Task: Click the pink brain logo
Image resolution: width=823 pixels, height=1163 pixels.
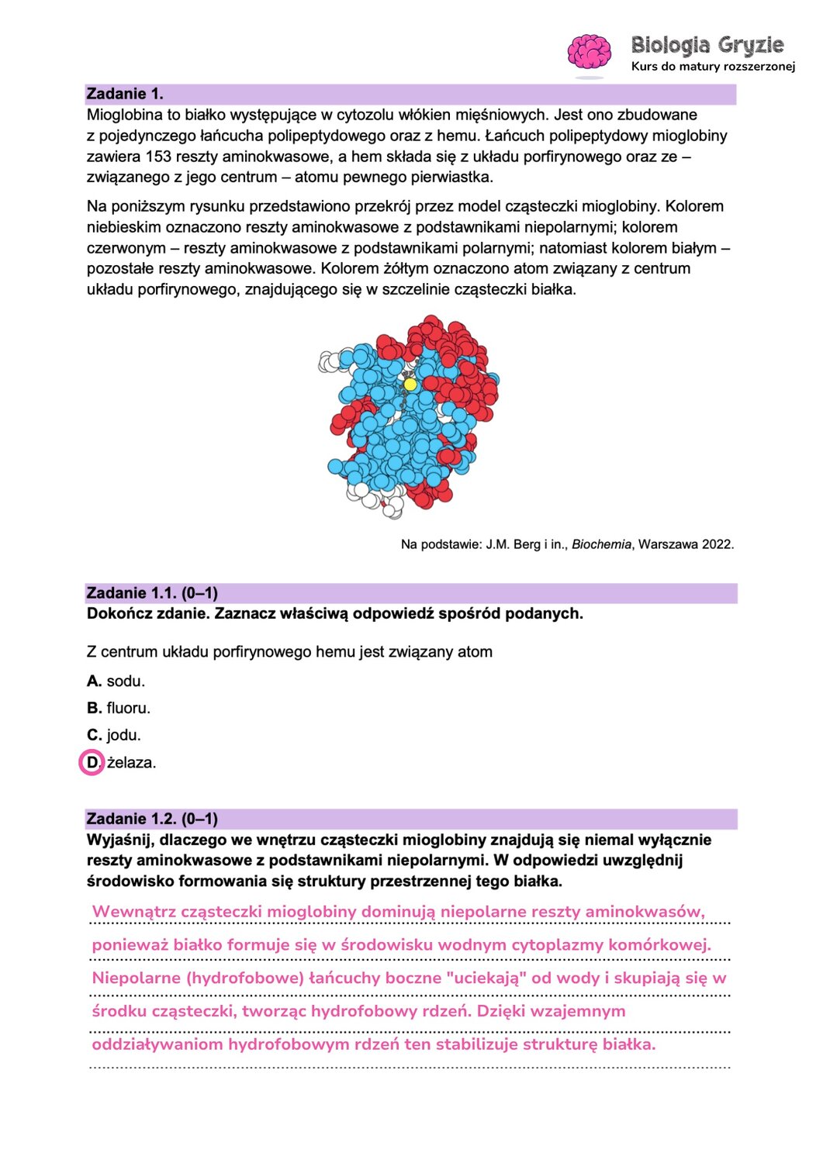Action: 590,53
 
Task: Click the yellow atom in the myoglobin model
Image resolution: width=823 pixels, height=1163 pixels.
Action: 410,384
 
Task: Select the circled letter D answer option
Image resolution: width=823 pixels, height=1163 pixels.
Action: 92,763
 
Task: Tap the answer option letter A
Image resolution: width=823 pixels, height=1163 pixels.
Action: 94,682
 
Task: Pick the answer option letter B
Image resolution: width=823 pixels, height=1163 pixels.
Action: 94,708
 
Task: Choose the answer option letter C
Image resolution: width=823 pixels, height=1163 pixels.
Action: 94,735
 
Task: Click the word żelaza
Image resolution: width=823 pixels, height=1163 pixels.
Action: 131,763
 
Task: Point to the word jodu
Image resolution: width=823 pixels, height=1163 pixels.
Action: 123,735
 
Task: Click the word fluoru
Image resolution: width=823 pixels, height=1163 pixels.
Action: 128,708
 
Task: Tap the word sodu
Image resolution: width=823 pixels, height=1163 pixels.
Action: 126,682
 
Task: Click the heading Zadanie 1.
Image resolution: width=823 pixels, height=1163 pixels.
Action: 125,95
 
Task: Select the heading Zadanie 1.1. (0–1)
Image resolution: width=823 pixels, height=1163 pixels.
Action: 152,594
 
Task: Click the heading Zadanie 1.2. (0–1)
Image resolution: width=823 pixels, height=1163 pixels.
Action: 152,820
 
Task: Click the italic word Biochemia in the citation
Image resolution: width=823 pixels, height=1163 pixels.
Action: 601,544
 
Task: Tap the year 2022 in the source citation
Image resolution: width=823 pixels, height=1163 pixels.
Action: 717,544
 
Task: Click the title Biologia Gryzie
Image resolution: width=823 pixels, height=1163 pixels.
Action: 707,45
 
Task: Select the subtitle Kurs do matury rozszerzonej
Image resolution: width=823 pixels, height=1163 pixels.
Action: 713,67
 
